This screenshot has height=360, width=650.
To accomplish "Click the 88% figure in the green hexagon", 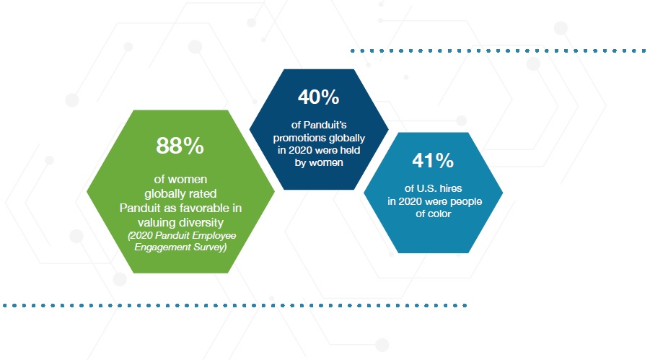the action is coord(180,146).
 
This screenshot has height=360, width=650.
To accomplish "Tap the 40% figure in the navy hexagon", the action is coord(318,97).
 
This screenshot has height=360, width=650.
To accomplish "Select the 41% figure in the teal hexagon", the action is coord(433,160).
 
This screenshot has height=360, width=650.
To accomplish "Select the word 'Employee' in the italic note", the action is coord(214,236).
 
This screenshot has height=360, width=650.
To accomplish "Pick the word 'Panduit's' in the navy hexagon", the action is coord(325,125).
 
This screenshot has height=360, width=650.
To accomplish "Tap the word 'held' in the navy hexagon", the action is coord(350,150).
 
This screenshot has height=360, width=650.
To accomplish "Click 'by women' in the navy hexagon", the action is coord(319,162).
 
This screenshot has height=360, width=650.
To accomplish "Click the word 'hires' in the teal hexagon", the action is coord(451,188).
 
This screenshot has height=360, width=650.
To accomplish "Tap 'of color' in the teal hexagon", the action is coord(433,214).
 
